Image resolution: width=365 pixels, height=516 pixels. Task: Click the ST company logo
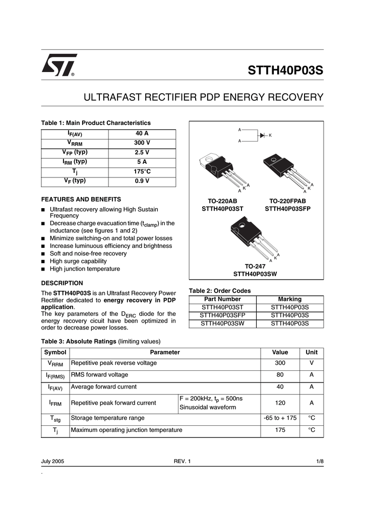tap(59, 66)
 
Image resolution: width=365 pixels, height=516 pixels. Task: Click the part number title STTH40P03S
tap(285, 70)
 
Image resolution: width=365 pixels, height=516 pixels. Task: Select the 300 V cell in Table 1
tap(142, 143)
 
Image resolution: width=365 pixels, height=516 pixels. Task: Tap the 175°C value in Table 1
tap(142, 171)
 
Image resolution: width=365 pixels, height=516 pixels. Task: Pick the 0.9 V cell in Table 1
tap(142, 181)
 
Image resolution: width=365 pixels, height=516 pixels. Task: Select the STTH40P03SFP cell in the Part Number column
tap(222, 315)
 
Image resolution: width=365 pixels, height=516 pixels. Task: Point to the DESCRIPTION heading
tap(62, 283)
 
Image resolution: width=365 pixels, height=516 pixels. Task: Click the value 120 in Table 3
tap(280, 403)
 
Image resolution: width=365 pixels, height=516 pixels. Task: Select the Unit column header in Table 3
tap(312, 353)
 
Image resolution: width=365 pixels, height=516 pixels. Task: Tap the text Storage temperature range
tap(107, 418)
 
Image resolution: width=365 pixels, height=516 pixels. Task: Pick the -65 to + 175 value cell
tap(280, 418)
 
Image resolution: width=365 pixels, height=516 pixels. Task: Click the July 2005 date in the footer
tap(52, 462)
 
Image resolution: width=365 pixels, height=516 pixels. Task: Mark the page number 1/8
tap(320, 462)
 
